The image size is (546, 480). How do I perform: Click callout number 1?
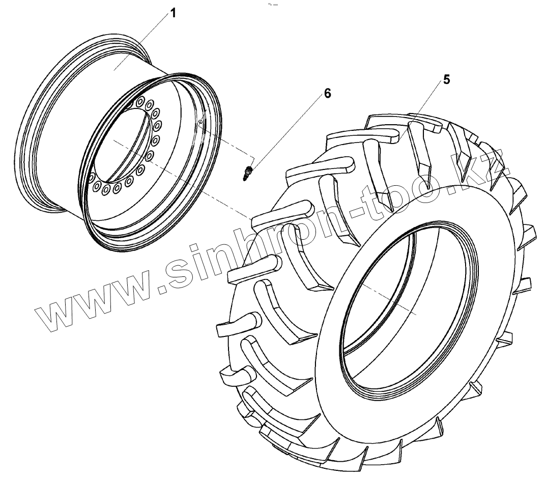[173, 13]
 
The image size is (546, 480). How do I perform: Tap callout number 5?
[447, 79]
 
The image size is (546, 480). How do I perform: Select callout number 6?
[328, 93]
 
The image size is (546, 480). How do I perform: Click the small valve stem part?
[248, 173]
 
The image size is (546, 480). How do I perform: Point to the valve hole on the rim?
[200, 122]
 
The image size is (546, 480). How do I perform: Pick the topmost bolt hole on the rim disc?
[140, 102]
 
